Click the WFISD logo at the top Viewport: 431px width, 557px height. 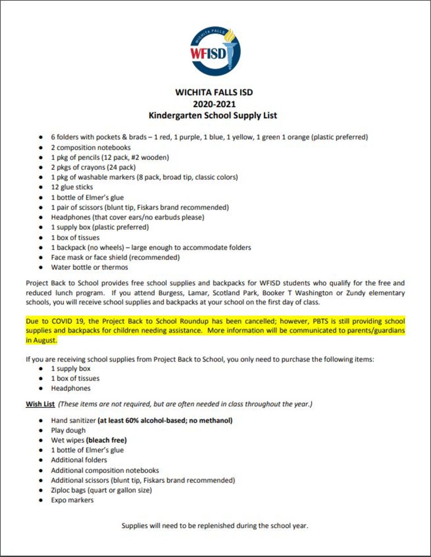[215, 51]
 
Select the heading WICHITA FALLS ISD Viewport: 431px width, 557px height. [214, 92]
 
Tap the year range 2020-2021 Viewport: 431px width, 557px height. [214, 104]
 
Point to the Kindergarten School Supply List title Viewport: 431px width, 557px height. [213, 116]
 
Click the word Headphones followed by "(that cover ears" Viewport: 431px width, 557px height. [69, 217]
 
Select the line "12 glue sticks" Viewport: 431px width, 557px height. [72, 187]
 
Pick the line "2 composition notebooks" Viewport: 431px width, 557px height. [91, 148]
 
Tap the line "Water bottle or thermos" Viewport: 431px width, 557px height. [89, 267]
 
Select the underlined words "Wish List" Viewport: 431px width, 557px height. [40, 404]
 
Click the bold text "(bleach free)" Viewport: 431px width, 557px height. [106, 440]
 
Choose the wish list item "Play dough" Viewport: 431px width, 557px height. [68, 430]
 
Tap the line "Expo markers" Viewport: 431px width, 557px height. [72, 500]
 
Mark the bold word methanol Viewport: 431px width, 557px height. [216, 420]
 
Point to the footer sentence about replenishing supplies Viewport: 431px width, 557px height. [215, 525]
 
